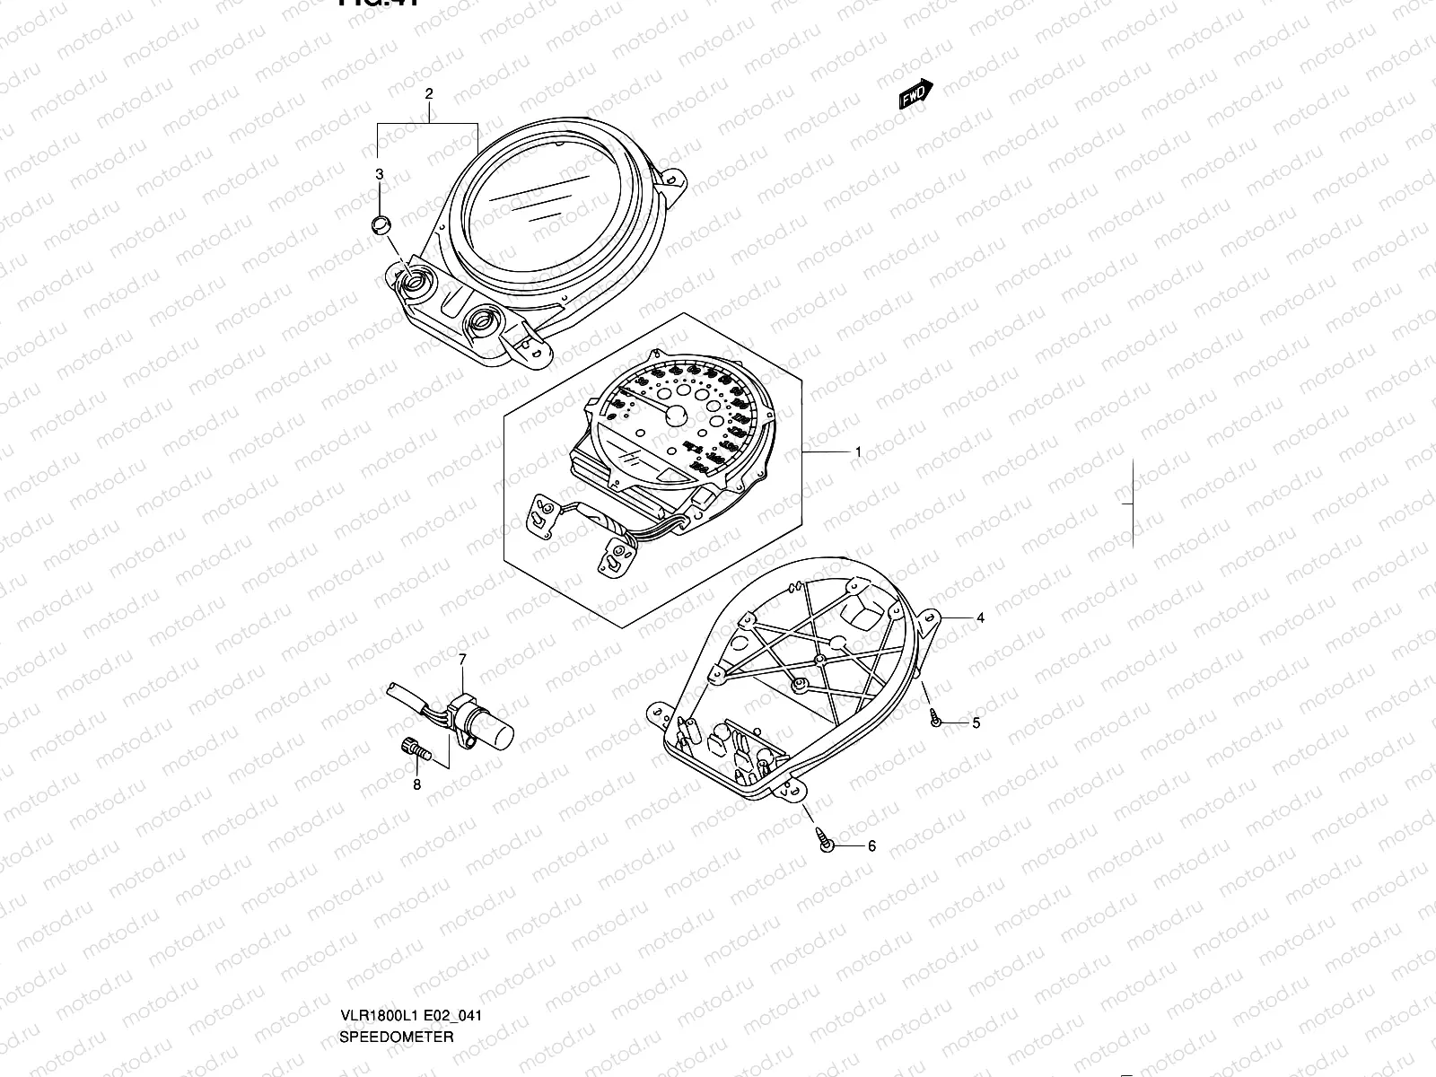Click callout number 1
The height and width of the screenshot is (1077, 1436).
[858, 452]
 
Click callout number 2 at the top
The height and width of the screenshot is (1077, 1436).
[428, 93]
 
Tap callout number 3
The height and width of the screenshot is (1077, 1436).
[380, 173]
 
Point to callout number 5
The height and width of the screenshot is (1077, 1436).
[976, 722]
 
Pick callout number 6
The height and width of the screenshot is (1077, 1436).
[871, 845]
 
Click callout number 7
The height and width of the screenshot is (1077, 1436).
[462, 660]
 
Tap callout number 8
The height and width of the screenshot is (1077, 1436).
[416, 785]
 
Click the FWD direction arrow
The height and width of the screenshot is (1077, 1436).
[916, 94]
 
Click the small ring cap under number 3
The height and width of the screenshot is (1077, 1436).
[381, 223]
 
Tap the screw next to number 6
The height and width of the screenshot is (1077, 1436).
[827, 842]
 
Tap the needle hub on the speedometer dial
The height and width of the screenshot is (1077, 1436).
[677, 415]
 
